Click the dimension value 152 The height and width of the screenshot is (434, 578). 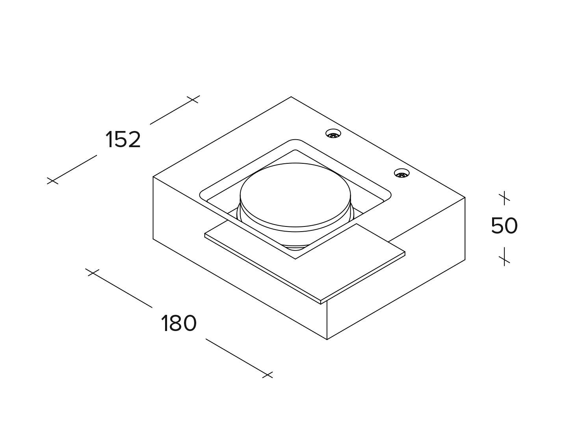click(x=123, y=140)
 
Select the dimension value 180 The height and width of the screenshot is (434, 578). click(x=178, y=324)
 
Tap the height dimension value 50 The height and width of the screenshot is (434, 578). click(x=504, y=226)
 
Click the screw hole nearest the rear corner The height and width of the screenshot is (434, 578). click(x=333, y=134)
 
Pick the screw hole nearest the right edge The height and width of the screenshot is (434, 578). click(x=401, y=173)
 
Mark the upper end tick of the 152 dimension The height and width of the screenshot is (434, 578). click(x=193, y=99)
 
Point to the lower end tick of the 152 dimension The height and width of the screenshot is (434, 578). click(x=52, y=181)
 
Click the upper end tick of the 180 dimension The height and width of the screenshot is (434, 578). click(x=92, y=272)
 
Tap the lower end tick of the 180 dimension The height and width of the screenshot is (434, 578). click(x=267, y=374)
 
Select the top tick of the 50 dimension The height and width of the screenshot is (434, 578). click(x=504, y=197)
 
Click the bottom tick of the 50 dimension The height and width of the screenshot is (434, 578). click(x=504, y=259)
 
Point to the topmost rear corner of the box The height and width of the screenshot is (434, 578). click(x=291, y=97)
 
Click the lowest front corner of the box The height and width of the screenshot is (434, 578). click(x=327, y=339)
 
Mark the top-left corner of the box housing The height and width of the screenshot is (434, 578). click(x=153, y=177)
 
